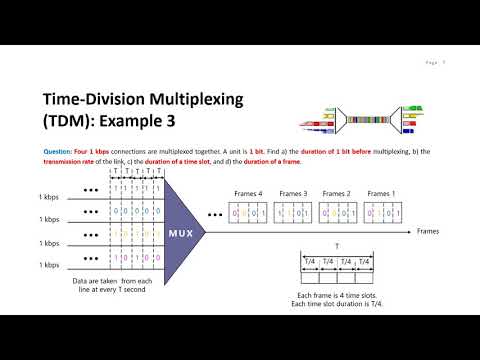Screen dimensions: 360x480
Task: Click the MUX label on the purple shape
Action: pyautogui.click(x=180, y=232)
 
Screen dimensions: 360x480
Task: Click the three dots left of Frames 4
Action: pyautogui.click(x=216, y=213)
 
